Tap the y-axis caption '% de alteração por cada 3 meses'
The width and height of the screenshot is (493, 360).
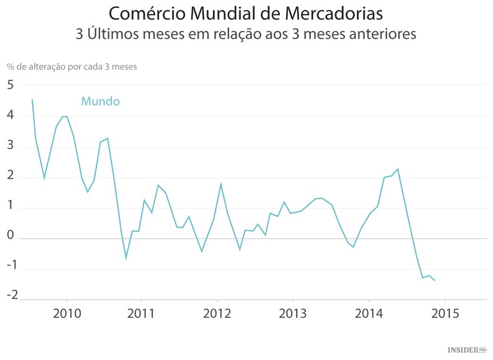click(x=72, y=66)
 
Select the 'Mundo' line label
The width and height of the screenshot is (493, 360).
click(x=100, y=101)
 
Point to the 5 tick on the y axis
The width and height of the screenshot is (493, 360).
click(x=11, y=85)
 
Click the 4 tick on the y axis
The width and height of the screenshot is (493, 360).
click(x=11, y=116)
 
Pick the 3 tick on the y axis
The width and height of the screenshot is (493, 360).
click(x=11, y=146)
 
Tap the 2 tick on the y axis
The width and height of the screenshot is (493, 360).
click(x=11, y=177)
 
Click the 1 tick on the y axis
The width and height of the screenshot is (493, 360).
click(x=11, y=208)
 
